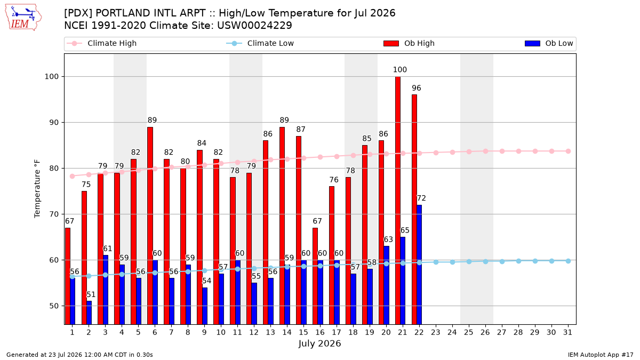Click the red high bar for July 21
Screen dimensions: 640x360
coord(398,201)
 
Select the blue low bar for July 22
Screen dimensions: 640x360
coord(419,265)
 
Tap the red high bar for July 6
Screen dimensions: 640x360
coord(150,226)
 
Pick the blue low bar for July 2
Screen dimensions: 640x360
coord(89,313)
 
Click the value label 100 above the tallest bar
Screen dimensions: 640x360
coord(399,70)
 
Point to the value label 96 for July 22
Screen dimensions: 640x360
coord(417,88)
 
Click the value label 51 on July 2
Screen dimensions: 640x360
coord(91,294)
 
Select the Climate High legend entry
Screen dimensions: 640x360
coord(102,43)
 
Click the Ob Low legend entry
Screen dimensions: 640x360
coord(549,43)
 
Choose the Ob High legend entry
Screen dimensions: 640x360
coord(409,43)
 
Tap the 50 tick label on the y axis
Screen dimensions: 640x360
coord(53,306)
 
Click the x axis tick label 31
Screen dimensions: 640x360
coord(567,332)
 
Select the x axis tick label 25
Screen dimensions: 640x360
coord(469,332)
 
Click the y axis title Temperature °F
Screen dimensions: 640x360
coord(37,189)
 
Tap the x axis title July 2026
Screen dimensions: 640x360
coord(319,343)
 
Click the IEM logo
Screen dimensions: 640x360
coord(23,18)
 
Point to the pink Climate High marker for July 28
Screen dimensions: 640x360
coord(518,151)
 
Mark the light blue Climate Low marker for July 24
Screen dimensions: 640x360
coord(452,262)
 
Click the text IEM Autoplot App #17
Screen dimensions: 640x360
coord(601,355)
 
